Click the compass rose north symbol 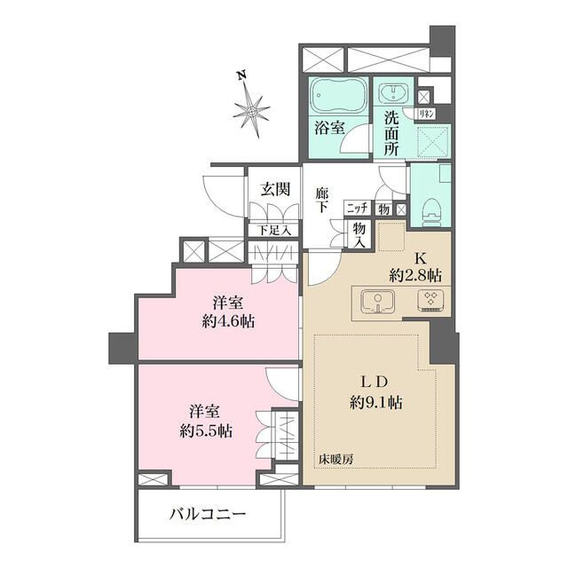(253, 109)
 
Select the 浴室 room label (329, 128)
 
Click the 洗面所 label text (391, 130)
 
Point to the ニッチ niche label (357, 209)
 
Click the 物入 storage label (360, 232)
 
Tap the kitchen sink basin (376, 300)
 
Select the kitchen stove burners (432, 300)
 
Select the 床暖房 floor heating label (337, 460)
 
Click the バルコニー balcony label (207, 514)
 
